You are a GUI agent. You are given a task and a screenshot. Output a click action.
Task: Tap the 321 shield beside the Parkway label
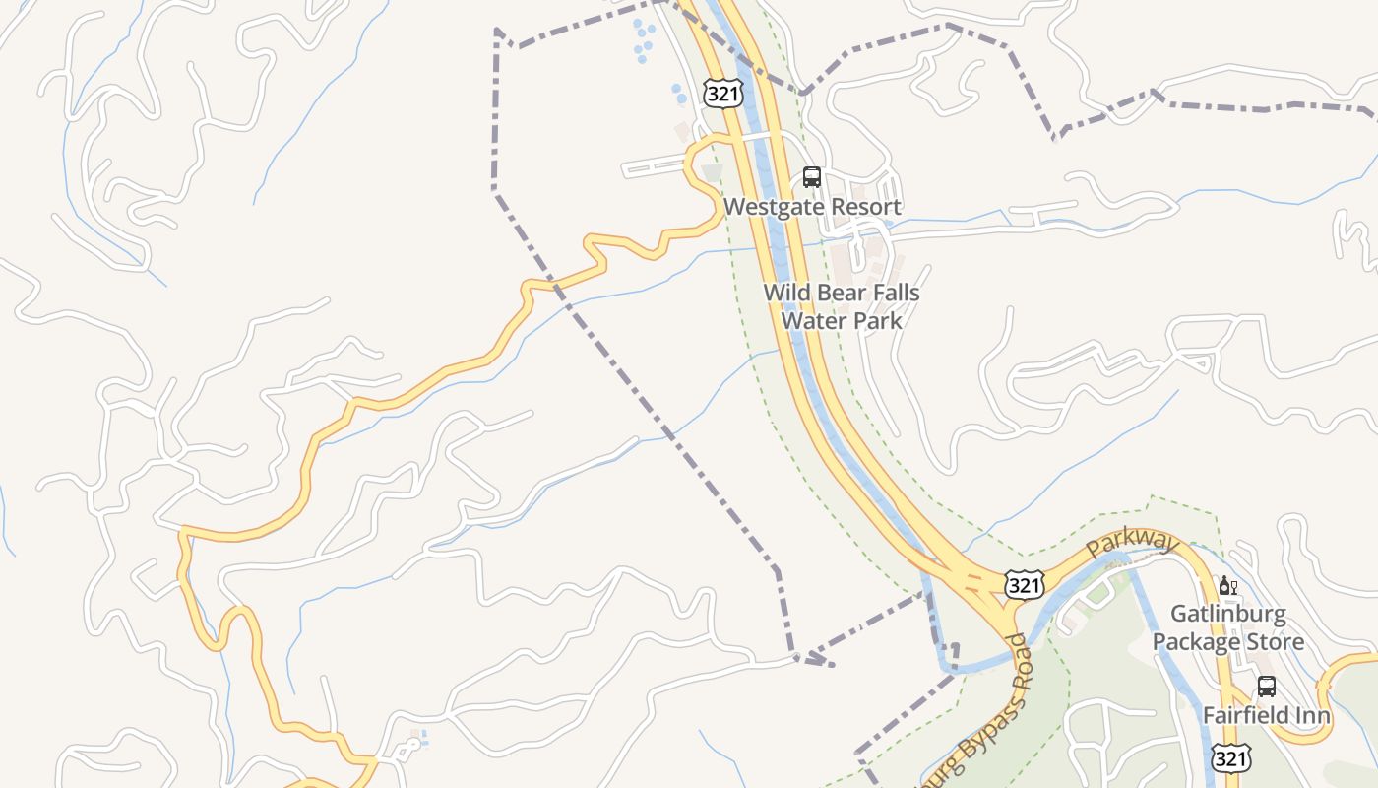[1024, 585]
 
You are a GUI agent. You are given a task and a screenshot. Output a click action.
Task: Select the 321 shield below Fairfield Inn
[1231, 757]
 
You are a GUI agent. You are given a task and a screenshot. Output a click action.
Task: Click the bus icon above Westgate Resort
[811, 177]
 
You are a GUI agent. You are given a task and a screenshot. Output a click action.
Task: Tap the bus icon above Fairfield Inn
[1266, 686]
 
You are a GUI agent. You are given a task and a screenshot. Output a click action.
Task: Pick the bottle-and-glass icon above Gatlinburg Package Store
[1227, 586]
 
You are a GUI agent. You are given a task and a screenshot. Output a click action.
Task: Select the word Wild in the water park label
[785, 293]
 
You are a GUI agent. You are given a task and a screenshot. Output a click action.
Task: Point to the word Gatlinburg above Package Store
[1227, 615]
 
